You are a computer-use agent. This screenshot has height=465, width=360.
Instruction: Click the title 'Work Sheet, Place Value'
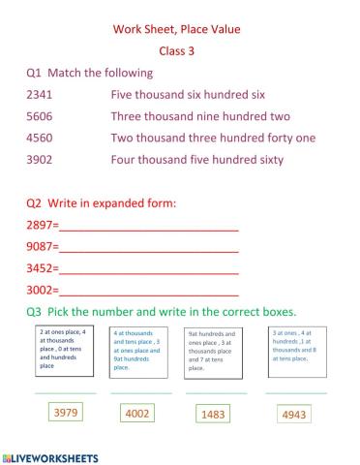point(181,29)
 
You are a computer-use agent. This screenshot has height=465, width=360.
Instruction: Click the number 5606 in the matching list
point(45,115)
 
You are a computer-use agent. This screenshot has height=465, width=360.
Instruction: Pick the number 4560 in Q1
point(45,138)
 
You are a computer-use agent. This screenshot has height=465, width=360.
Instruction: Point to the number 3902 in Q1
point(45,159)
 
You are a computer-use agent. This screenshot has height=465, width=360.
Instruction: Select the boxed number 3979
point(65,413)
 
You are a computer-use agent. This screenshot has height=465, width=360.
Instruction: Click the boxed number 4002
point(137,413)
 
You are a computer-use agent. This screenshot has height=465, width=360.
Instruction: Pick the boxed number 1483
point(213,414)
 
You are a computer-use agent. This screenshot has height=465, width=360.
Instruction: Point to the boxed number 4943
point(292,414)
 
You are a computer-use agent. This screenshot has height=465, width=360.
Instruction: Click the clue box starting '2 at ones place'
point(65,351)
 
